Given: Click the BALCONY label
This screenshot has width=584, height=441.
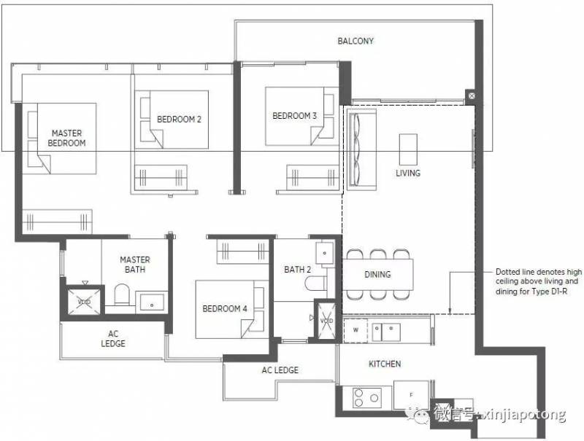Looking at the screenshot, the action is click(x=356, y=41).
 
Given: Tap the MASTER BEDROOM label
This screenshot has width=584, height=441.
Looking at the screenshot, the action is click(x=66, y=138).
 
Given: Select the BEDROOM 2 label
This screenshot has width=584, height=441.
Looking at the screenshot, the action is click(x=179, y=120).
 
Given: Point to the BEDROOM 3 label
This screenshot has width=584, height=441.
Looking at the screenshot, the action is click(x=295, y=116).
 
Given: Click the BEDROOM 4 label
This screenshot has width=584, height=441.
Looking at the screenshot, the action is click(x=225, y=308).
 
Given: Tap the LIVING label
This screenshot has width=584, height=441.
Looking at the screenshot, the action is click(x=408, y=173).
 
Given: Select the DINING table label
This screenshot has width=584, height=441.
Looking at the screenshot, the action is click(x=377, y=274).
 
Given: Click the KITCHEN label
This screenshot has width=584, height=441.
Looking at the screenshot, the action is click(x=385, y=364).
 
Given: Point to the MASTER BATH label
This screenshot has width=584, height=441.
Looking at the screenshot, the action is click(x=135, y=265).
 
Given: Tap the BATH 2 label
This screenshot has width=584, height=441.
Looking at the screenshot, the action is click(x=297, y=270).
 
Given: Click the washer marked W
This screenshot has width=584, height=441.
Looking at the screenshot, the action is click(x=356, y=330).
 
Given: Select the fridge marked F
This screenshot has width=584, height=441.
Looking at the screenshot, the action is click(x=411, y=394).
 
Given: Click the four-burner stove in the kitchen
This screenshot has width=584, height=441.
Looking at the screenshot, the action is click(x=367, y=397).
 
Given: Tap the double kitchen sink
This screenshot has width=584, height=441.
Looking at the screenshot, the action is click(x=386, y=332).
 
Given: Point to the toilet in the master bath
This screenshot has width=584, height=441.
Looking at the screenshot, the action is click(x=121, y=295).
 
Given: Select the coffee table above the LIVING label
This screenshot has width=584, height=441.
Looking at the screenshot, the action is click(x=408, y=149).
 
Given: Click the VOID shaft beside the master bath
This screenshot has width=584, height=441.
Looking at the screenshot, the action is click(x=84, y=302).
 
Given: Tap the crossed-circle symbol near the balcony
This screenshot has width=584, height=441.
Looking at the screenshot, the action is click(x=472, y=96).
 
